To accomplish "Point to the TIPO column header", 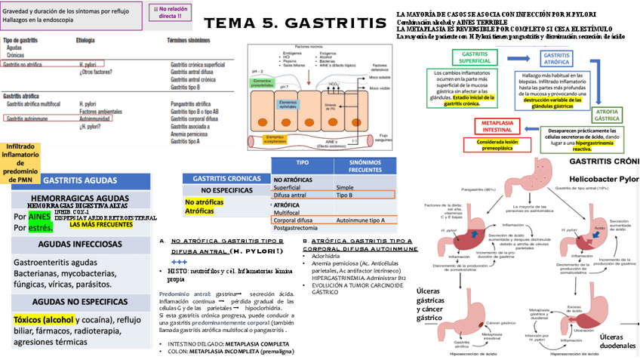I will coord(302,164).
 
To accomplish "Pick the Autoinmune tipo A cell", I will coord(360,220).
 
